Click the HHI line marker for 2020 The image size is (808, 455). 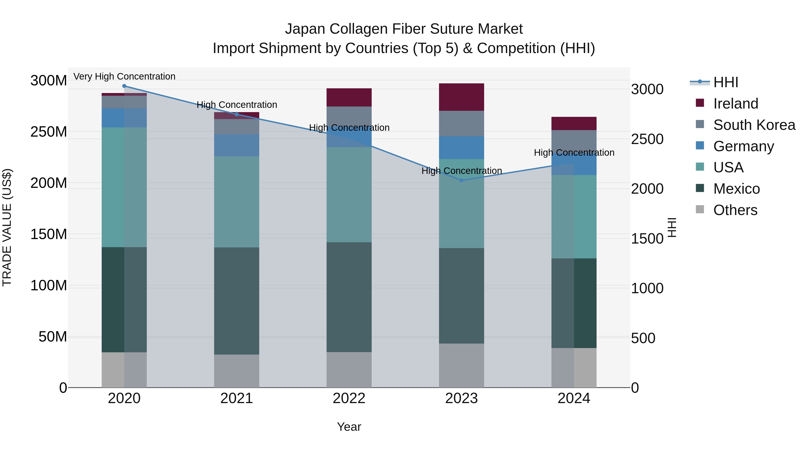tap(124, 86)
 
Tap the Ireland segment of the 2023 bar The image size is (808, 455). tap(461, 97)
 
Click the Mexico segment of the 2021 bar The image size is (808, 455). tap(237, 301)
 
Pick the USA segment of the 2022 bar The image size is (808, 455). tap(349, 195)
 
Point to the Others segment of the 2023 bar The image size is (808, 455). tap(461, 366)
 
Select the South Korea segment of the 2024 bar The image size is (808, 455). tap(574, 141)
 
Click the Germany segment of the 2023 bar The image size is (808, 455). tap(461, 148)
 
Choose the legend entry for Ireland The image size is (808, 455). tap(735, 104)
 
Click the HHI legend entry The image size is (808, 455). tap(725, 82)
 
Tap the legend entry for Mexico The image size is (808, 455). tap(736, 189)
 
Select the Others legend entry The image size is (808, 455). tap(735, 210)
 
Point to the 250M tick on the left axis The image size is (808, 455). tap(49, 132)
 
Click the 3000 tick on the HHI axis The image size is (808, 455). tap(647, 89)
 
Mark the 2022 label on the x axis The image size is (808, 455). tap(349, 398)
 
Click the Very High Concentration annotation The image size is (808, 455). tap(124, 76)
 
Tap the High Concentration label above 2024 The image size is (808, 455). tap(574, 153)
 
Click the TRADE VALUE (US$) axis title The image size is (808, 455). tap(7, 227)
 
